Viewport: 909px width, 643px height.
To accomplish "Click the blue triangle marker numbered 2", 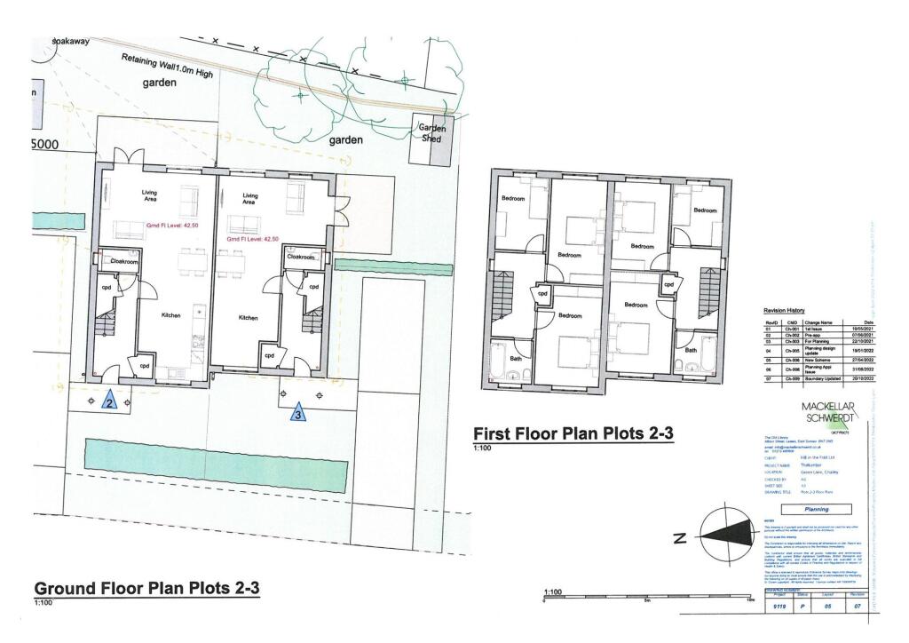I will coord(108,401).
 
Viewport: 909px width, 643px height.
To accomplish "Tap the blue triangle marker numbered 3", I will coord(298,412).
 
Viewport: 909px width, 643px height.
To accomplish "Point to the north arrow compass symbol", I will coord(728,535).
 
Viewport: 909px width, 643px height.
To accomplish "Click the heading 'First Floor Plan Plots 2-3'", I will coord(573,434).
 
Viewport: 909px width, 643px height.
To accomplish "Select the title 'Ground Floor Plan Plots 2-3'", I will coord(146,590).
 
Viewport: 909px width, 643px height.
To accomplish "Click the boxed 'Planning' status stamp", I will coord(816,510).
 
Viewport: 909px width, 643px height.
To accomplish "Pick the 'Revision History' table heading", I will coord(785,310).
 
